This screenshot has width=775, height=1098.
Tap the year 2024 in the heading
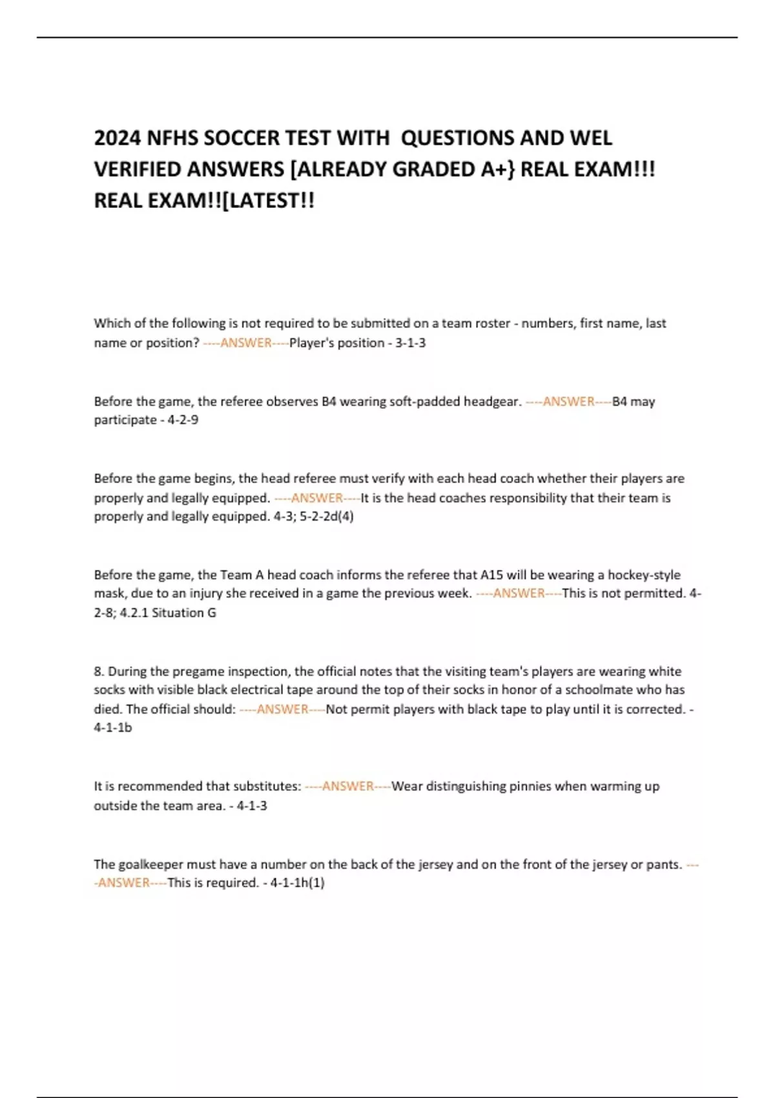coord(118,138)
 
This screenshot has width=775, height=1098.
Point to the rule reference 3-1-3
coord(410,343)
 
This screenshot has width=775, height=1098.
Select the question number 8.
coord(99,671)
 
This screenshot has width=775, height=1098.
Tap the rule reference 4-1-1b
coord(112,727)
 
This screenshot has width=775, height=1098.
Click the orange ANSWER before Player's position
coord(246,343)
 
